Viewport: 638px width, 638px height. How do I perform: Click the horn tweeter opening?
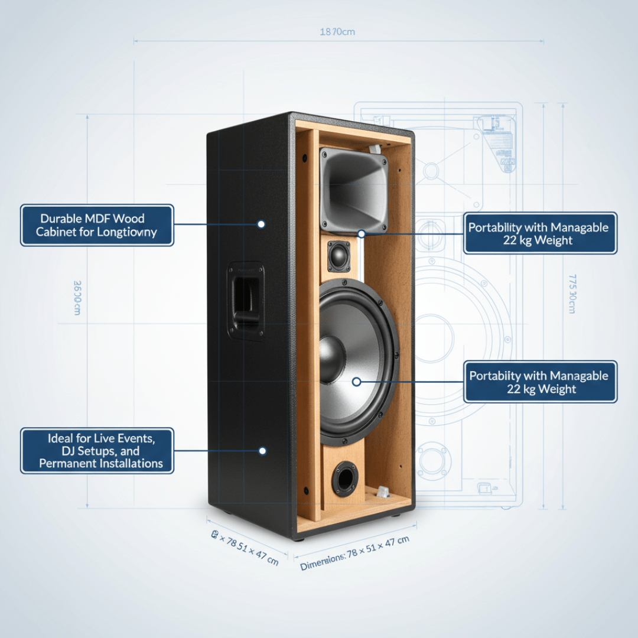(353, 190)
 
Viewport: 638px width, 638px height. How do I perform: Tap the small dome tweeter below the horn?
(339, 256)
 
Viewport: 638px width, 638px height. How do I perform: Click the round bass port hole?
(344, 478)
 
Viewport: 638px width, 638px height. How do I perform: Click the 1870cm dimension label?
(337, 32)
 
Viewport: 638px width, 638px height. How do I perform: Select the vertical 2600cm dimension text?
(77, 297)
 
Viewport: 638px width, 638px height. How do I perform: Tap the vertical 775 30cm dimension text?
(572, 294)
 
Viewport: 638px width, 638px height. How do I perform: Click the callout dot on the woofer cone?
(356, 382)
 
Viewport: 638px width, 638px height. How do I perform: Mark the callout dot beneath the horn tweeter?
(361, 233)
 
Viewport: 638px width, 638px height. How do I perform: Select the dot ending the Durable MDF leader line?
(261, 224)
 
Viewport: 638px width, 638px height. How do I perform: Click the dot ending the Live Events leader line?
(262, 451)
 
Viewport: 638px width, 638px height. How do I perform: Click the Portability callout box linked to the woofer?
(540, 382)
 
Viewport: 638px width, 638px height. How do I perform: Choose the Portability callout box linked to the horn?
(539, 233)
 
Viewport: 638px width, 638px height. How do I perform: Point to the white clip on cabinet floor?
(381, 491)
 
